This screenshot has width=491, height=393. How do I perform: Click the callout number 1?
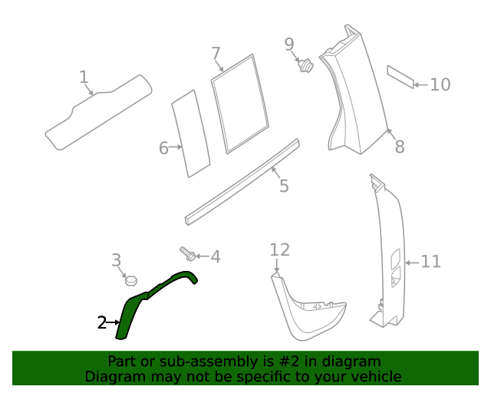click(x=84, y=77)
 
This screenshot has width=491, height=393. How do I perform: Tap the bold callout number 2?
click(x=102, y=323)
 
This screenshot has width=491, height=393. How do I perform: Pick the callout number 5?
click(x=284, y=186)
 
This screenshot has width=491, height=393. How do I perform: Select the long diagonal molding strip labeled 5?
click(x=242, y=181)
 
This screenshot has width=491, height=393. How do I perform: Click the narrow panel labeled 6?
click(x=189, y=134)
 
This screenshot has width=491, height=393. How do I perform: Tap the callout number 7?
click(x=216, y=53)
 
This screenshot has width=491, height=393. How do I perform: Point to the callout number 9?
click(x=289, y=44)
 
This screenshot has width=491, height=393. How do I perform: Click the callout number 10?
click(x=440, y=84)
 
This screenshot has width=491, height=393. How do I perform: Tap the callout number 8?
click(x=399, y=147)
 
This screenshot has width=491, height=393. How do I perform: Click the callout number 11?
click(x=431, y=262)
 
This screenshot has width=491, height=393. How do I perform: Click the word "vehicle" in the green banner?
click(x=374, y=376)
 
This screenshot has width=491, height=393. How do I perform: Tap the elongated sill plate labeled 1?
click(x=96, y=114)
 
